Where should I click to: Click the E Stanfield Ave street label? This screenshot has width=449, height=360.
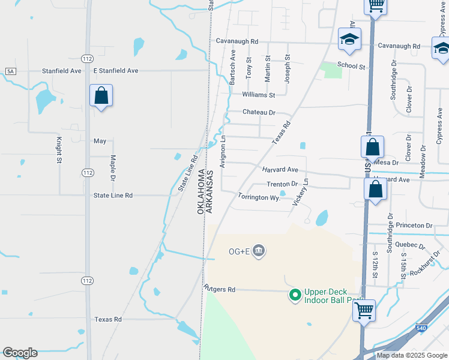[x=116, y=71]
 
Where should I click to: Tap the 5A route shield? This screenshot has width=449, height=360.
[x=10, y=71]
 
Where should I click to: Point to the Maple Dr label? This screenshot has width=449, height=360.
[x=112, y=168]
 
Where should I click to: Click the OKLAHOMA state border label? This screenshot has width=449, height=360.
[x=200, y=190]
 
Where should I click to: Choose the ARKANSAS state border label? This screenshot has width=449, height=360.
[x=209, y=190]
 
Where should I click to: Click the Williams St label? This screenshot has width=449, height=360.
[x=258, y=95]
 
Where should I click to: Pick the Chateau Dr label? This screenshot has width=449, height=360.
[x=259, y=112]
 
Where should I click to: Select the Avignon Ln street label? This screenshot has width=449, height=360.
[x=223, y=151]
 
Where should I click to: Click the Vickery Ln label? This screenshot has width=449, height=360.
[x=301, y=191]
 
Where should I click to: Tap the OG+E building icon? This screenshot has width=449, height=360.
[x=259, y=250]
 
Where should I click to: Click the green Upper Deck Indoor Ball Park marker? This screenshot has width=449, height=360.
[x=295, y=295]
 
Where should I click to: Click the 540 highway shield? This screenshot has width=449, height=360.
[x=422, y=329]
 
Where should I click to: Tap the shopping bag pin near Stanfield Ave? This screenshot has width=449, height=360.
[x=101, y=95]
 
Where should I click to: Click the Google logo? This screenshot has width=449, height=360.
[x=20, y=353]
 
